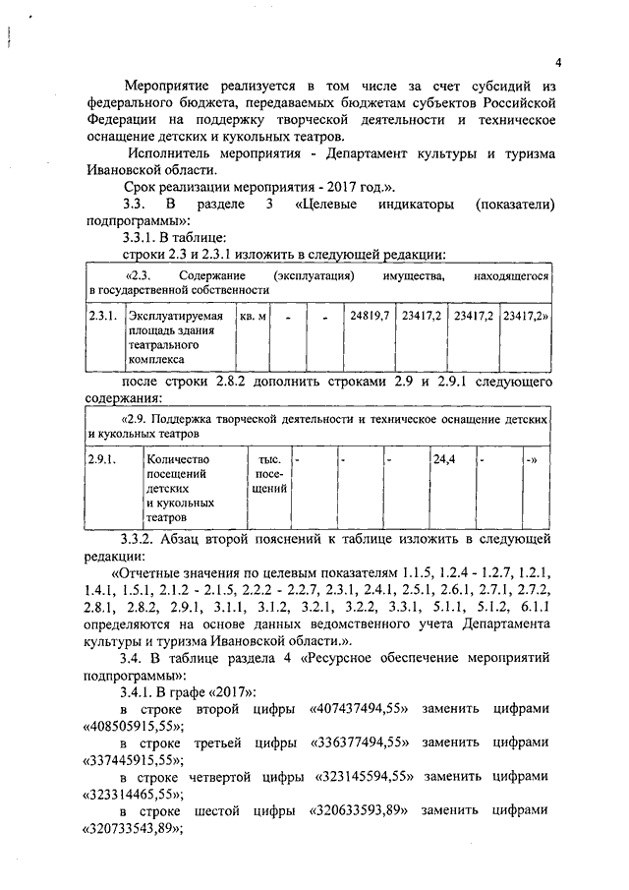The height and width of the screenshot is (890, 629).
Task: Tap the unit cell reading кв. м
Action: (254, 316)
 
